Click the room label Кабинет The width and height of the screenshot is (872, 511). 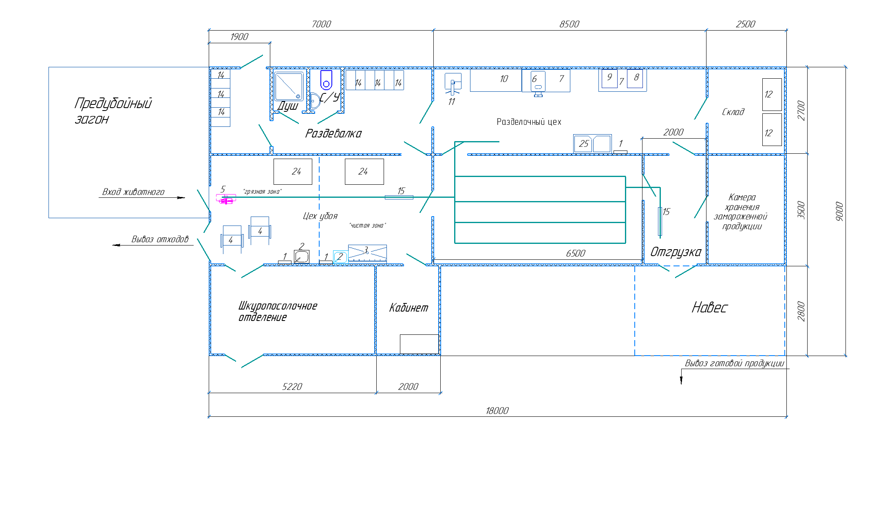[408, 307]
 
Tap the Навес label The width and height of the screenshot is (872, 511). [709, 307]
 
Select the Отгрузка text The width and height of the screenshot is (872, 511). [676, 252]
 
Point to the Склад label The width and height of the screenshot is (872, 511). [733, 112]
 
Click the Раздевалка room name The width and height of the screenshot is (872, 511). [333, 133]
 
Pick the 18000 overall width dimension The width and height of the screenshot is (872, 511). [497, 411]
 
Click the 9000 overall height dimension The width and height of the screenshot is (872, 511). [839, 211]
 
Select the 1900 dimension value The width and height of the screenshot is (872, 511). [239, 37]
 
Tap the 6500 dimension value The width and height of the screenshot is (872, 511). [575, 253]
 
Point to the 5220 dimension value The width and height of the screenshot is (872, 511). [292, 387]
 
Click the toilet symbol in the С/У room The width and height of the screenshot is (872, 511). [326, 80]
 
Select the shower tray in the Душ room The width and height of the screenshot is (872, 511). [289, 86]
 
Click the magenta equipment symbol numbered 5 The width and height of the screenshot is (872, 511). [226, 199]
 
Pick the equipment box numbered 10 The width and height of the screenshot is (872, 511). [496, 80]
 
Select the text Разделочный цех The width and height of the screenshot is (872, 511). [529, 122]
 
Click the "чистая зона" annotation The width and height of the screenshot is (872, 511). [367, 226]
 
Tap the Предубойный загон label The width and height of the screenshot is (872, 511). [113, 111]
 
